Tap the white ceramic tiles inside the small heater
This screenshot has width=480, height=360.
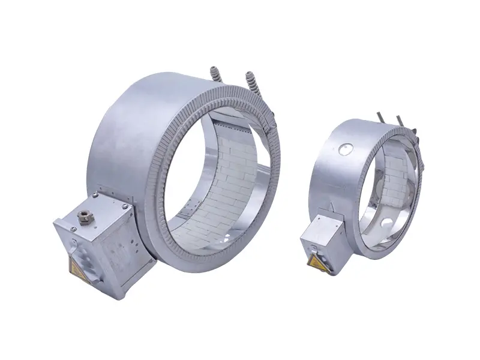tap(396, 174)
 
